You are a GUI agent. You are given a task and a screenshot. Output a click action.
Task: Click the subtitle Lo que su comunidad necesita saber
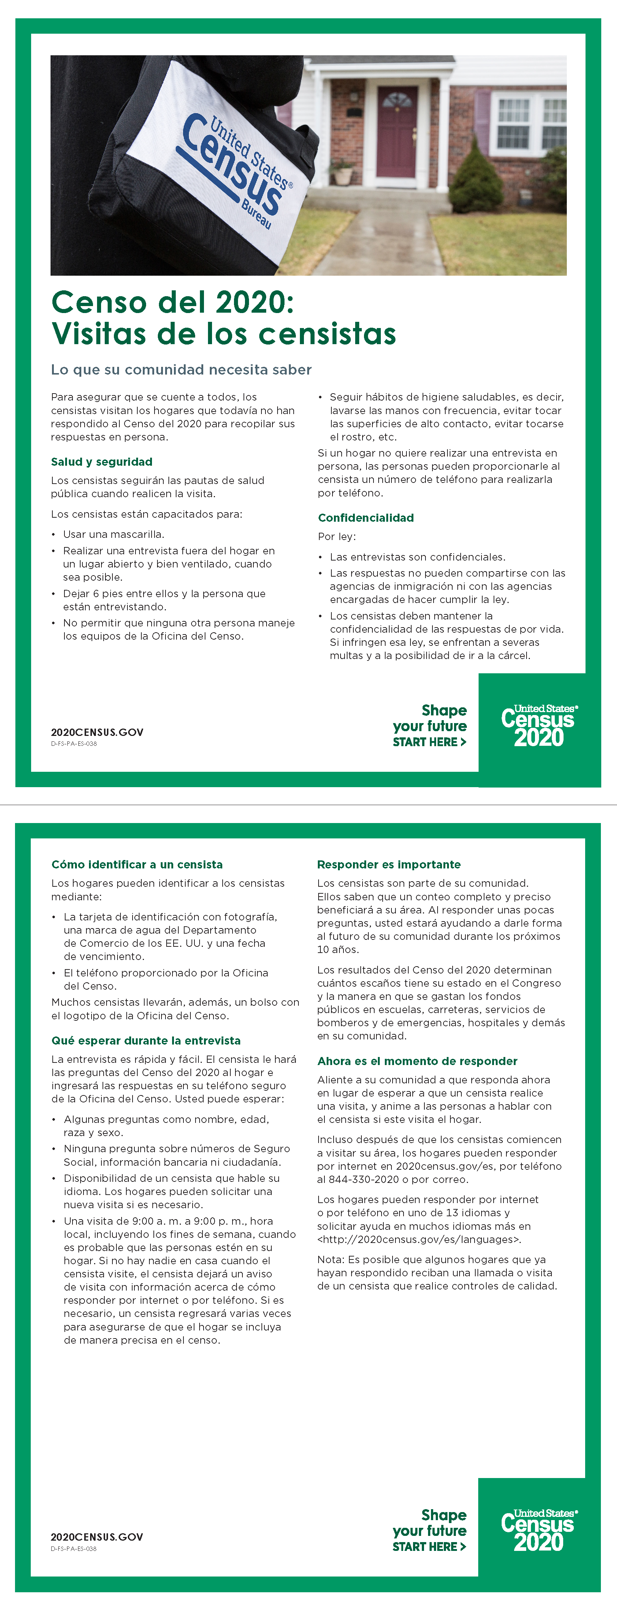pyautogui.click(x=181, y=369)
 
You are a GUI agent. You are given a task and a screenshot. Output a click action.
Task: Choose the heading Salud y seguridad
pyautogui.click(x=102, y=462)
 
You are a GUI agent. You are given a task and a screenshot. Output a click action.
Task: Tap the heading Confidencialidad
pyautogui.click(x=365, y=517)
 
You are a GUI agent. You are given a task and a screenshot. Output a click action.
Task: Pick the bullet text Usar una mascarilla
pyautogui.click(x=114, y=534)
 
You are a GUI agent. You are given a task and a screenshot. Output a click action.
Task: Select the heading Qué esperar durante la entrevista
pyautogui.click(x=145, y=1041)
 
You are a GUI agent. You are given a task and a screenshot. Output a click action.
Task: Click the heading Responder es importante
pyautogui.click(x=389, y=864)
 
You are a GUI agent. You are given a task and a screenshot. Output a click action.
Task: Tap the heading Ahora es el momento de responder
pyautogui.click(x=417, y=1061)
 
